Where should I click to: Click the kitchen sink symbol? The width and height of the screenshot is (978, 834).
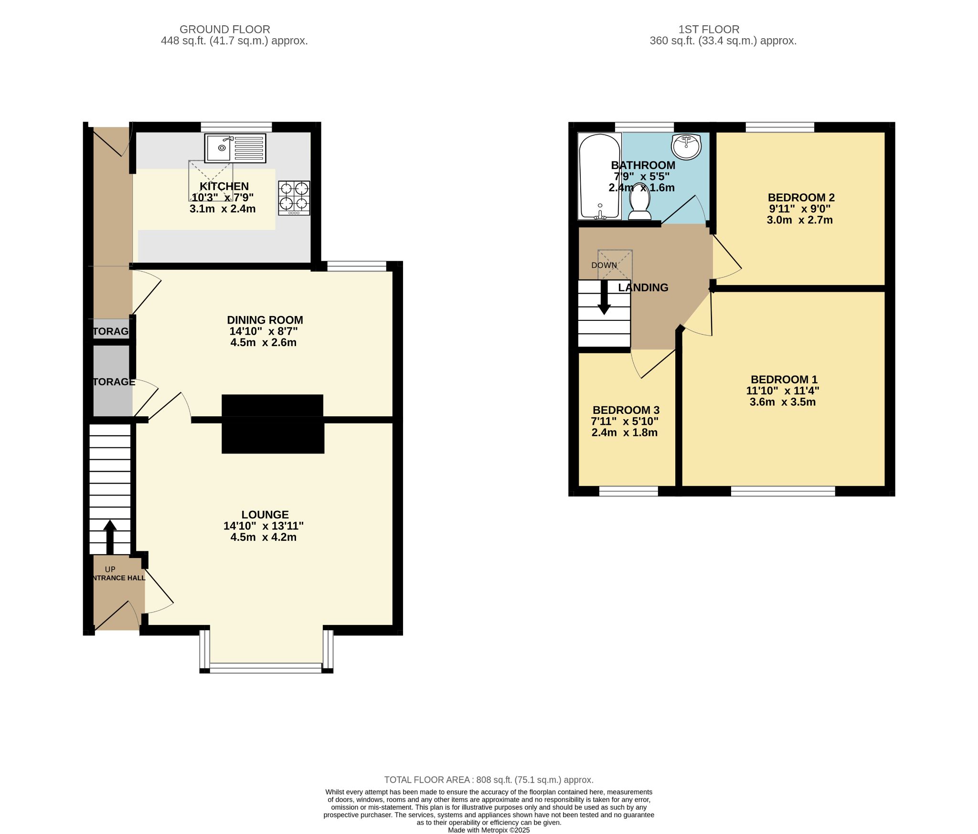[x=235, y=148]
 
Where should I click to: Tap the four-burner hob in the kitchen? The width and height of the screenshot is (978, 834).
[x=294, y=198]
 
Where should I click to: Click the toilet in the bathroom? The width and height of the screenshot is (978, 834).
[x=639, y=205]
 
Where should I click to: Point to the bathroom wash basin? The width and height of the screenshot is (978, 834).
[x=686, y=146]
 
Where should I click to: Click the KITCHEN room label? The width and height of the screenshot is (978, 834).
[x=224, y=186]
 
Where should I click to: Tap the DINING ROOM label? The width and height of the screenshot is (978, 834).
[x=265, y=320]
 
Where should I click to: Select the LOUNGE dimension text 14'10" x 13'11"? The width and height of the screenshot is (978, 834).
[x=264, y=526]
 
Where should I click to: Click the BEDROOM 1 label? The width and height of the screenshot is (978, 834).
[x=784, y=380]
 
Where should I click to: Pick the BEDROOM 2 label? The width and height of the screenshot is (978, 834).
[x=801, y=197]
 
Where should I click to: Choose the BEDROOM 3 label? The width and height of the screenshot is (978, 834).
[x=626, y=410]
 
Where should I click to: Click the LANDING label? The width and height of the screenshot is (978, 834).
[x=643, y=287]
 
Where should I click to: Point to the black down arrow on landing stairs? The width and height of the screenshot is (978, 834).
[x=604, y=299]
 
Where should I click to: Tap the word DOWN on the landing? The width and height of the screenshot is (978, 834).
[x=604, y=265]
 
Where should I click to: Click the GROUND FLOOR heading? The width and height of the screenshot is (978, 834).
[x=225, y=30]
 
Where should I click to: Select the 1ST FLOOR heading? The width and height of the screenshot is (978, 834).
[x=709, y=30]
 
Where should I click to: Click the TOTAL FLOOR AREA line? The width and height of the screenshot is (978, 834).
[x=489, y=780]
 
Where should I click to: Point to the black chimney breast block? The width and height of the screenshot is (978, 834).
[x=273, y=424]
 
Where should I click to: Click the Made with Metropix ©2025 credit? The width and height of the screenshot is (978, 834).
[x=489, y=830]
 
